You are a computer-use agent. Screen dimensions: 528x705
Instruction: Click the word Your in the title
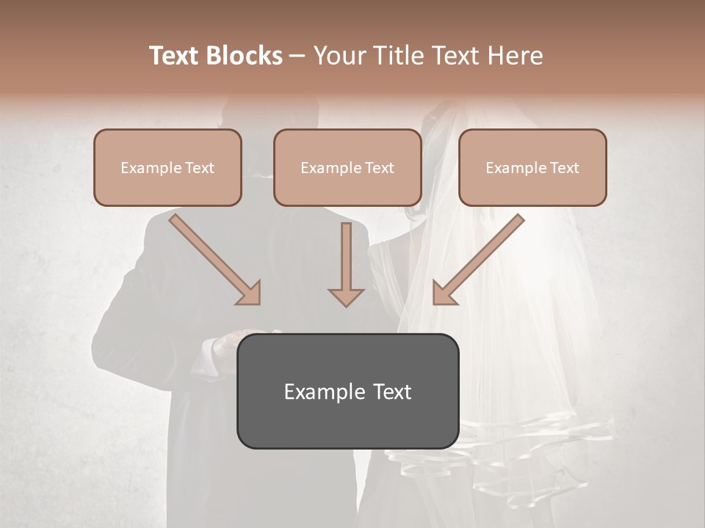tap(339, 56)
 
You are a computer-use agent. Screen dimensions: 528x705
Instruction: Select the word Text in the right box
tap(564, 168)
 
